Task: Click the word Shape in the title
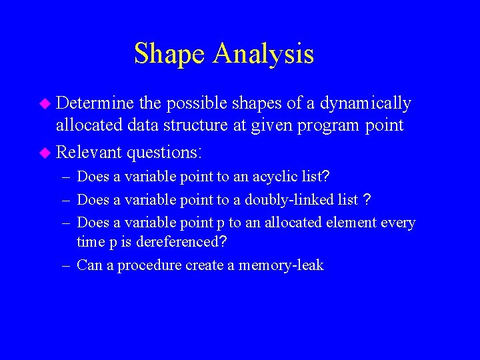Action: (x=170, y=54)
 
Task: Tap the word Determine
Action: (x=95, y=103)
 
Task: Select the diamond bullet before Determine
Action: (x=45, y=104)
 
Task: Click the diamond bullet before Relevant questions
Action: (x=45, y=153)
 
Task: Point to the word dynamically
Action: (x=365, y=103)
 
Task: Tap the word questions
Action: (x=163, y=152)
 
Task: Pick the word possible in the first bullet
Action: (x=197, y=103)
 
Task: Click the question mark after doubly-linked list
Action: (x=367, y=199)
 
